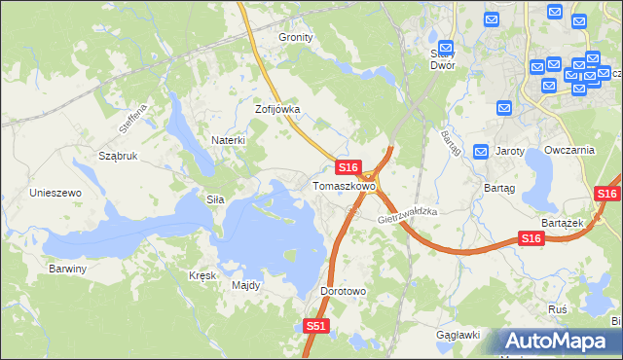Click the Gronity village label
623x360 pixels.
[296, 37]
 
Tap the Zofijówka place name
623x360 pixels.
[277, 110]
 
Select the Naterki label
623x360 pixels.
[228, 140]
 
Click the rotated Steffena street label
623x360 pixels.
[130, 120]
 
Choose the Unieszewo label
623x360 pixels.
[55, 193]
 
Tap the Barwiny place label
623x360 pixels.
[68, 269]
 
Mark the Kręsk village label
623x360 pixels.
[202, 275]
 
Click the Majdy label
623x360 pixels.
[246, 285]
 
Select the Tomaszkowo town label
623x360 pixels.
[344, 186]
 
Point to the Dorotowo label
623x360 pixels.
[343, 291]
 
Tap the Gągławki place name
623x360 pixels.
[458, 335]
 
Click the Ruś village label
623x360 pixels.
[558, 308]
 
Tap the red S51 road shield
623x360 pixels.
[315, 327]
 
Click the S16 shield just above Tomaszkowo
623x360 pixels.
[350, 168]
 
